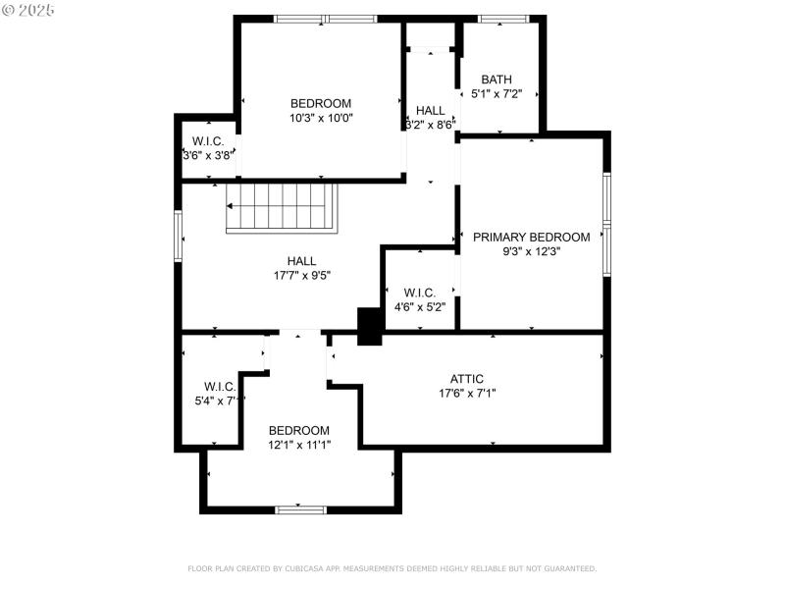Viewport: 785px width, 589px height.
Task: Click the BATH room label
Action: click(x=496, y=80)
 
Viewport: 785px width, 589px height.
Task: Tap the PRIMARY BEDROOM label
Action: click(x=531, y=237)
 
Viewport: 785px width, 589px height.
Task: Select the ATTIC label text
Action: click(x=466, y=379)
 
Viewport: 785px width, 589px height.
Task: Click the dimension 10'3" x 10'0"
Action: click(x=320, y=118)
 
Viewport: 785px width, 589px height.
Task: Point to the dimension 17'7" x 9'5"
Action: click(x=301, y=275)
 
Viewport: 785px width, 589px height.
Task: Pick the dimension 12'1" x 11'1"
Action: click(x=299, y=445)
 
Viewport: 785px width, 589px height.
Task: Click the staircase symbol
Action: click(x=284, y=206)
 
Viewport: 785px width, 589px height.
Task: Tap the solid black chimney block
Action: click(x=370, y=327)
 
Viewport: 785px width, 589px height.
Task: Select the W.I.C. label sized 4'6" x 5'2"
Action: click(x=419, y=292)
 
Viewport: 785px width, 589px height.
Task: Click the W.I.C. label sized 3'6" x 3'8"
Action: click(x=208, y=141)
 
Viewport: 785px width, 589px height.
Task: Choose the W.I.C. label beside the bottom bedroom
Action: click(x=220, y=386)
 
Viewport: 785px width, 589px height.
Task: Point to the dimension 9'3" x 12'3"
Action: click(x=531, y=251)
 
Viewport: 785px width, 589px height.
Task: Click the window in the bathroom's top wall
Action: click(x=502, y=19)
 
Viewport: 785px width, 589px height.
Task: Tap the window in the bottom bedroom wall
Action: click(x=300, y=509)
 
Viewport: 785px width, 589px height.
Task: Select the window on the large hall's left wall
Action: click(x=179, y=236)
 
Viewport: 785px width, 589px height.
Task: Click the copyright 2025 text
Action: click(x=28, y=9)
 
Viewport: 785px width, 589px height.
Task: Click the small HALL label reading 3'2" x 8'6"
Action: click(x=430, y=110)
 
